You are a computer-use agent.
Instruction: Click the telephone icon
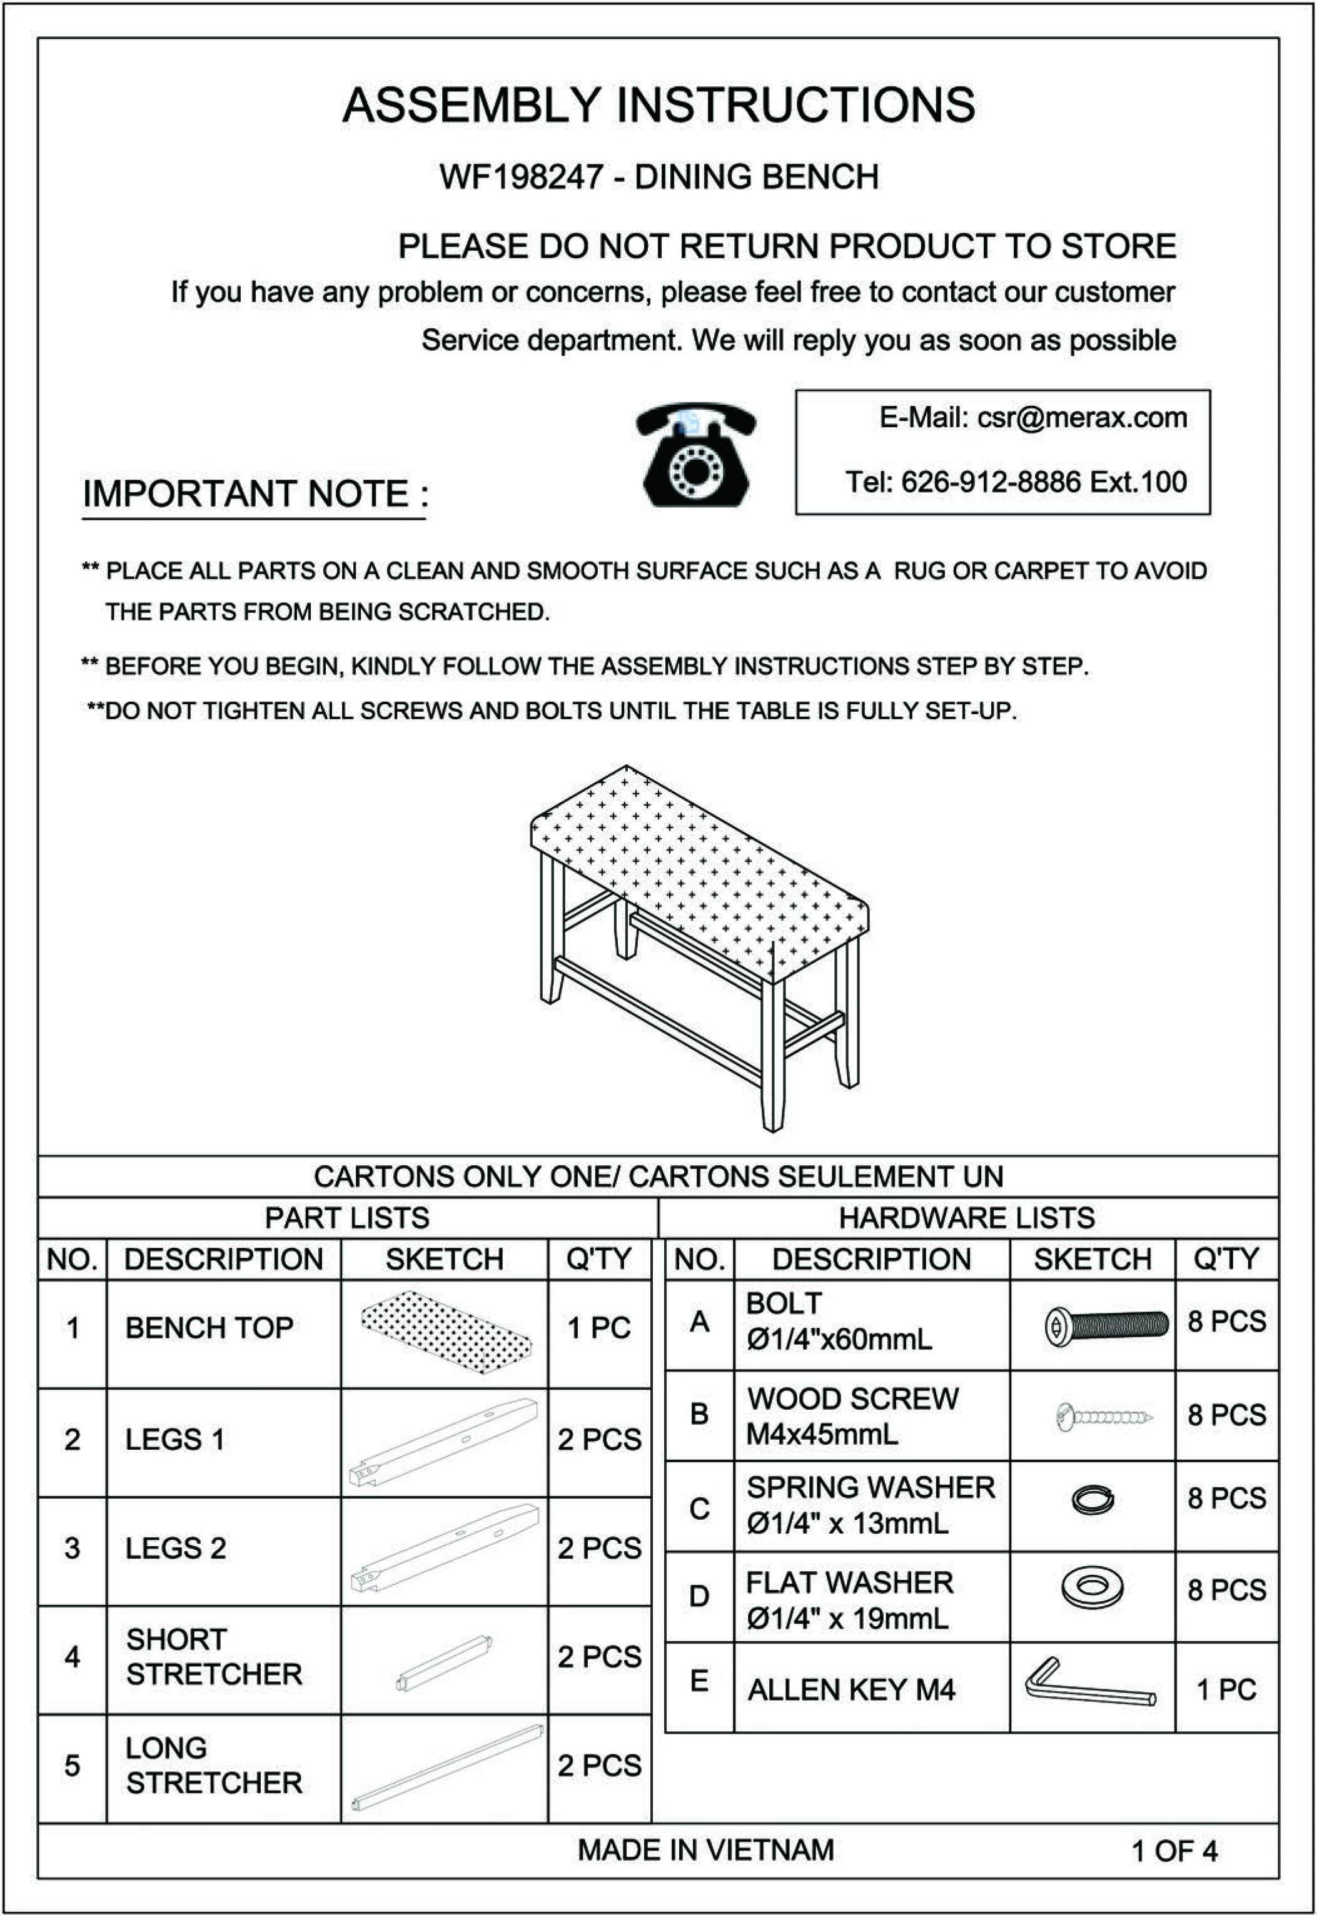(x=695, y=455)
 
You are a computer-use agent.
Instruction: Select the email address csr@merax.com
(x=1082, y=418)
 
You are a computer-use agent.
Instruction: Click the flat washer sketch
(x=1092, y=1587)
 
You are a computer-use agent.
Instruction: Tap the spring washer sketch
(x=1092, y=1499)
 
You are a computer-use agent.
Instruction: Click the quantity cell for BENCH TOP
(x=599, y=1328)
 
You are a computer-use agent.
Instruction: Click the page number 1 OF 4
(x=1173, y=1851)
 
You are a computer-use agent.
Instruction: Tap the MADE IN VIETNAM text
(x=705, y=1850)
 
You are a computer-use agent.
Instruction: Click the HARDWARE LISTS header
(x=966, y=1218)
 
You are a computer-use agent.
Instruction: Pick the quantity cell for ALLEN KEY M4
(x=1226, y=1689)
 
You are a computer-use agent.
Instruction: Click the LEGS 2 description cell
(x=176, y=1548)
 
